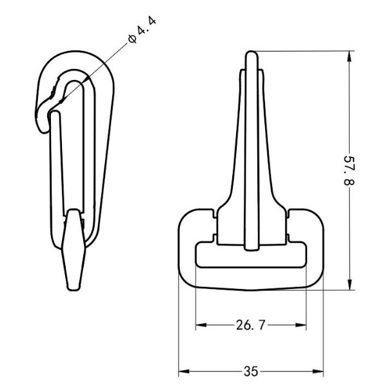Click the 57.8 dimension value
tap(349, 170)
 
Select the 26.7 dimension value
tap(250, 325)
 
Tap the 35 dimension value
tap(251, 372)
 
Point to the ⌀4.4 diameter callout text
tap(143, 30)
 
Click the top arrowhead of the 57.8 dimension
tap(349, 56)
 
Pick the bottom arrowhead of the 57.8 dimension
tap(349, 284)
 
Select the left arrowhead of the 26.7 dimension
tap(201, 325)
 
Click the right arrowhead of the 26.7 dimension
tap(301, 325)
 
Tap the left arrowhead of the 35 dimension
tap(184, 372)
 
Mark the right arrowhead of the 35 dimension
tap(318, 372)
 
